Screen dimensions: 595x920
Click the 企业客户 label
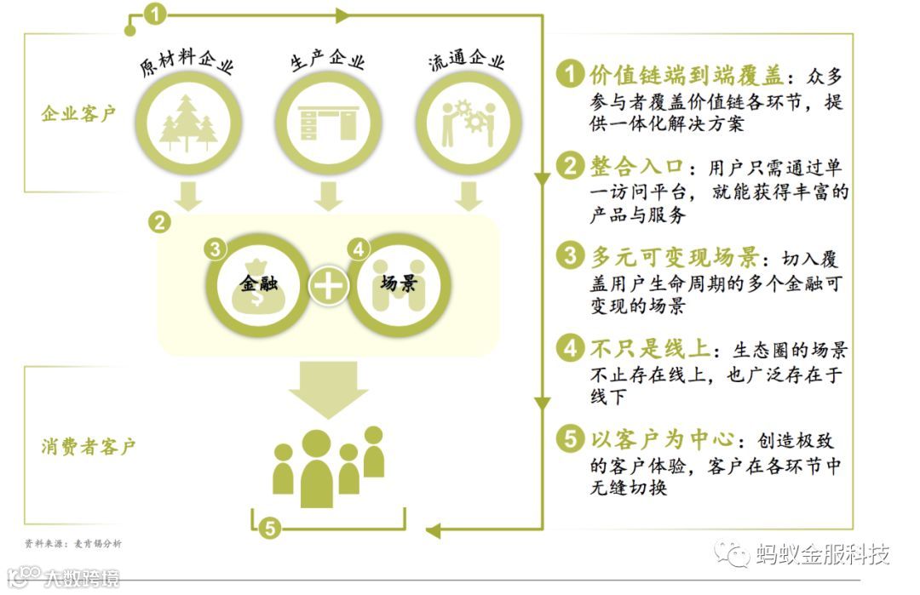pos(78,114)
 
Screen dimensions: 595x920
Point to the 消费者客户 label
pos(89,445)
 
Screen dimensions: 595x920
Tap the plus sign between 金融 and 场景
pos(328,286)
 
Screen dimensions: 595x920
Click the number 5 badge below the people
pos(269,529)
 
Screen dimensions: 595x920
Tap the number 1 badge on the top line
pos(154,14)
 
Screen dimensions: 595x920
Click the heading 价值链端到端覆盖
pos(686,75)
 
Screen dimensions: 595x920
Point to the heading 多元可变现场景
pos(673,256)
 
